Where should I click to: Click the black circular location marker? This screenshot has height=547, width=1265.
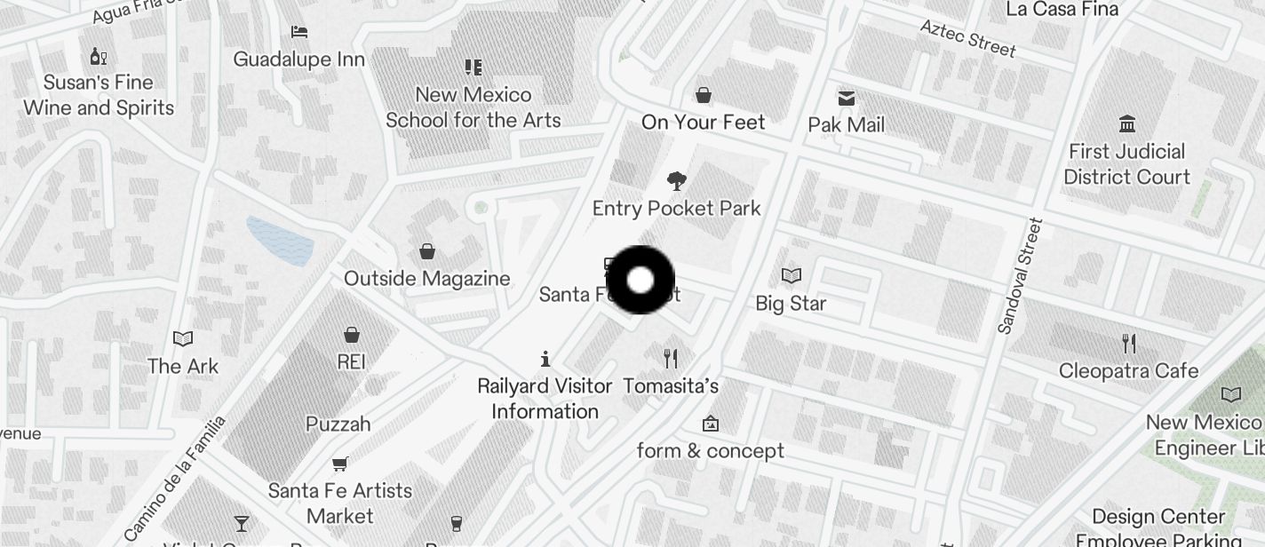tap(640, 281)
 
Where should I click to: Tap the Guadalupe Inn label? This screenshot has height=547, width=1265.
tap(299, 59)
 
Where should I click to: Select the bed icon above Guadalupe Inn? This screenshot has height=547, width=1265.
tap(299, 32)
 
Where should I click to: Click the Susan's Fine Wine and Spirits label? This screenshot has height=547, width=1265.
tap(99, 95)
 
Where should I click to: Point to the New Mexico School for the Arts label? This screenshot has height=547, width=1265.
tap(473, 107)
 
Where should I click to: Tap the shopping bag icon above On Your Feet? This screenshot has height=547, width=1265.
tap(704, 94)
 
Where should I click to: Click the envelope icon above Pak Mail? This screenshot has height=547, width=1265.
tap(847, 98)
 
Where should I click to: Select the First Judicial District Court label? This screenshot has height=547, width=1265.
tap(1126, 164)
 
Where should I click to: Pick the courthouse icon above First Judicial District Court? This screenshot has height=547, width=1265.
tap(1127, 123)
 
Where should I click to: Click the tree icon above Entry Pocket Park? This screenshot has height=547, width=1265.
tap(677, 181)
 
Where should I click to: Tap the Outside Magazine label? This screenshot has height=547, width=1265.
tap(427, 279)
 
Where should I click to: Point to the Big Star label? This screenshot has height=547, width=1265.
tap(791, 304)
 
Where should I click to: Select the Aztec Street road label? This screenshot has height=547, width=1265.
tap(967, 38)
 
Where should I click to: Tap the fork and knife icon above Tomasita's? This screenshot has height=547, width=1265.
tap(671, 359)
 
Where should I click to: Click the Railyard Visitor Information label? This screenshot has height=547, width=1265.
tap(545, 399)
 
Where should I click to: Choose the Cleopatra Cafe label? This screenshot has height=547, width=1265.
tap(1128, 370)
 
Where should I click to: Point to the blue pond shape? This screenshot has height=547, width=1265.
tap(280, 240)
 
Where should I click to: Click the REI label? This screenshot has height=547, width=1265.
tap(352, 362)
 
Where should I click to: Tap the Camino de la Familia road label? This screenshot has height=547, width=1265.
tap(175, 479)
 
